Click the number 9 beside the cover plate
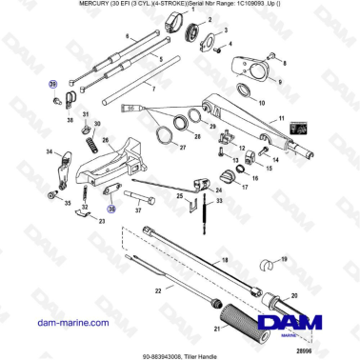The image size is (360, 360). [x=280, y=82]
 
